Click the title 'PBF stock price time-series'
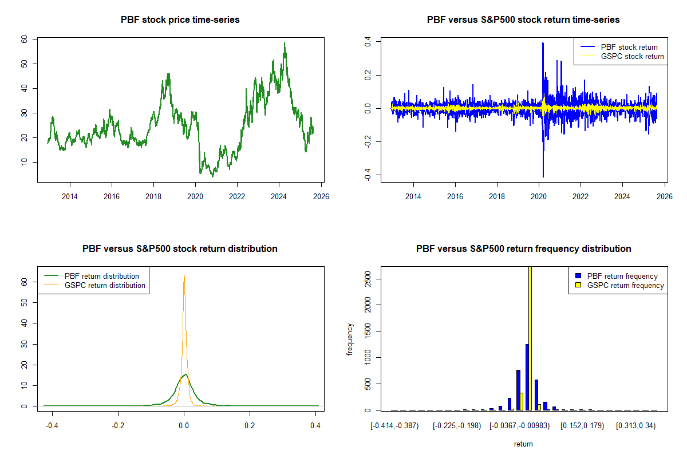pyautogui.click(x=180, y=20)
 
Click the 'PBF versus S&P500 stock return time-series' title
pyautogui.click(x=523, y=20)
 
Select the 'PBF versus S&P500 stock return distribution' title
pyautogui.click(x=180, y=249)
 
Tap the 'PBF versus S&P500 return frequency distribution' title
pyautogui.click(x=523, y=249)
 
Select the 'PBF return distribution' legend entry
pyautogui.click(x=102, y=276)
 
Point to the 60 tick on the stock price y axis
pyautogui.click(x=25, y=39)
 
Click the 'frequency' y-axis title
pyautogui.click(x=351, y=339)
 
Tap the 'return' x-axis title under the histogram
pyautogui.click(x=523, y=444)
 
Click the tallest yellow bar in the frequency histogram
pyautogui.click(x=530, y=338)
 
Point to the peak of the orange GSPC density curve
pyautogui.click(x=184, y=275)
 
